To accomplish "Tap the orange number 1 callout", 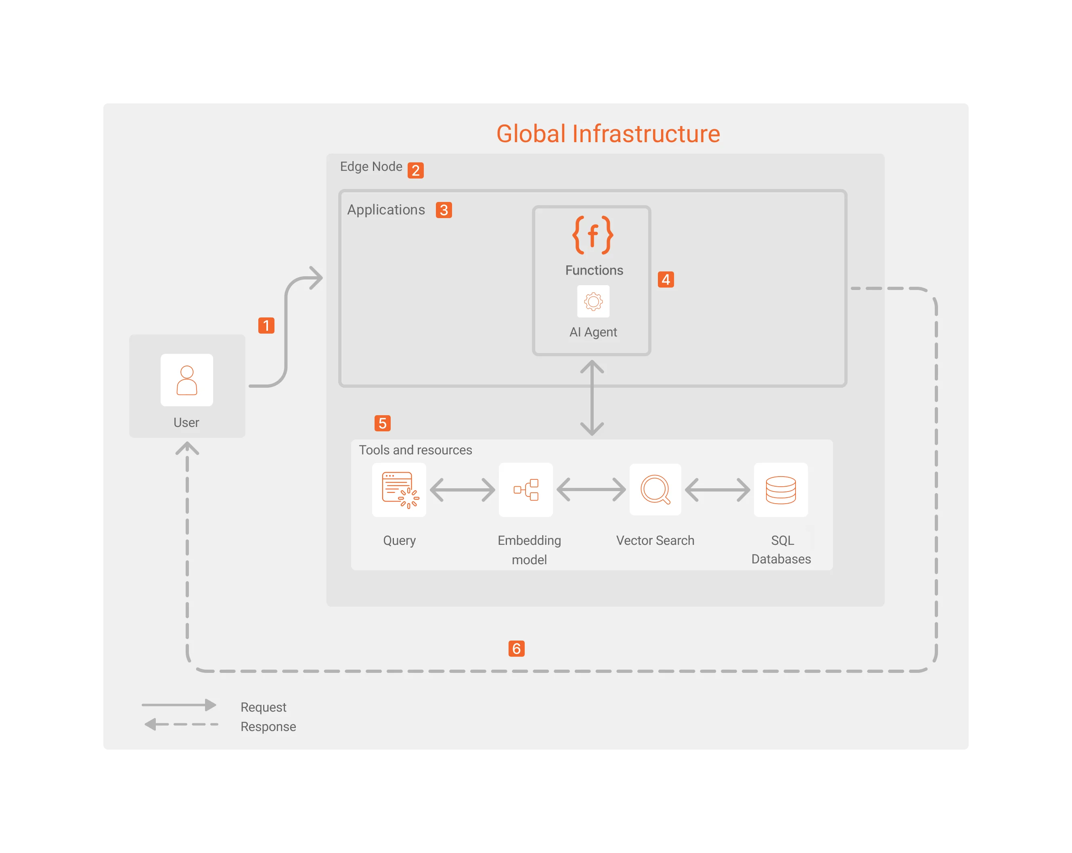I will point(266,326).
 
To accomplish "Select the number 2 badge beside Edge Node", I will point(416,170).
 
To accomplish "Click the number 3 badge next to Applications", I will point(444,210).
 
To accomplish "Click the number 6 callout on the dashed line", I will point(516,649).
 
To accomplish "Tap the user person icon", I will point(186,380).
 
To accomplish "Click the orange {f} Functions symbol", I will point(593,235).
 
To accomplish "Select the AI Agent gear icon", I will point(593,301).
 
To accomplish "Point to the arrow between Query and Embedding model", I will point(463,490).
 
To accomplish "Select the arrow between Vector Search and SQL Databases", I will point(718,490).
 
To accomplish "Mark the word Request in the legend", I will point(263,707).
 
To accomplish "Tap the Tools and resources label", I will point(415,450).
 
